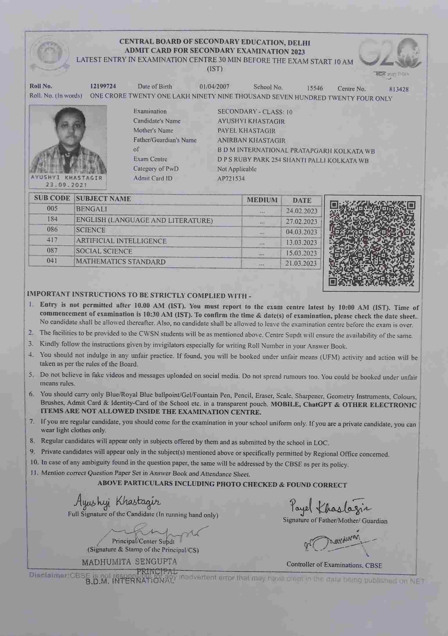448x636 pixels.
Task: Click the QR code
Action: click(371, 243)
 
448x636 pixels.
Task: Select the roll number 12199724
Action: click(103, 86)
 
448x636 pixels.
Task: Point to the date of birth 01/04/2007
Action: click(214, 87)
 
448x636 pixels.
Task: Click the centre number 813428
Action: click(399, 89)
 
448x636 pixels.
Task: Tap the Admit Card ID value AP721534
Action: click(231, 179)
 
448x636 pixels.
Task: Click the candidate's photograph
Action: click(68, 140)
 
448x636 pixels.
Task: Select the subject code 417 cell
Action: click(52, 240)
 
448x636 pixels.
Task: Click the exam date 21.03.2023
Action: click(301, 263)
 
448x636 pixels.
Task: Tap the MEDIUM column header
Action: click(262, 200)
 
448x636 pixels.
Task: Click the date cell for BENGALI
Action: click(301, 211)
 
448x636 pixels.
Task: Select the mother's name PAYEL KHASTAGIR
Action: click(246, 131)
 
